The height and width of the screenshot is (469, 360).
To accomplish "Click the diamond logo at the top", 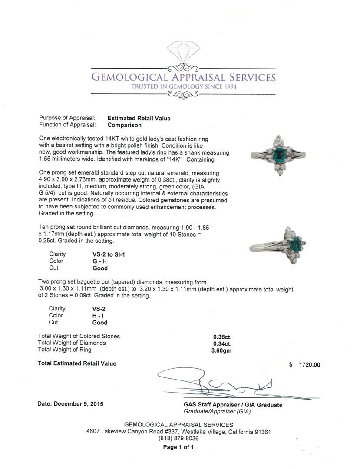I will coord(183,51).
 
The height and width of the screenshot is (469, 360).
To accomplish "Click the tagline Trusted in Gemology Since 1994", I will coord(183,86).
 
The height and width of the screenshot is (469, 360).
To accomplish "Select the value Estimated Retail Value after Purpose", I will coord(139,118).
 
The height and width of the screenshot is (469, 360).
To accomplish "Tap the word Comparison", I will coord(124,125).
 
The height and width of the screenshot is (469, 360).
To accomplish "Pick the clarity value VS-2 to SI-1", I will coord(106,254).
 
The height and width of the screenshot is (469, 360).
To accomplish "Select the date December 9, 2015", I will coord(70,404).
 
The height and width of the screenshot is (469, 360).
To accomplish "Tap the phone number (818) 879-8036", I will coord(178,439).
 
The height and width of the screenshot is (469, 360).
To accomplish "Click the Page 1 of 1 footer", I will coord(178,447).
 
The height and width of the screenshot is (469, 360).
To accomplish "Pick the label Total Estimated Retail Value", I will coord(77,363).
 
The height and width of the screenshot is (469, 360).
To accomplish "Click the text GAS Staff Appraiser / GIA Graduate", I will coord(233,405).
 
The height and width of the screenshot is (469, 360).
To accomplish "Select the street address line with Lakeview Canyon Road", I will coord(178,432).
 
